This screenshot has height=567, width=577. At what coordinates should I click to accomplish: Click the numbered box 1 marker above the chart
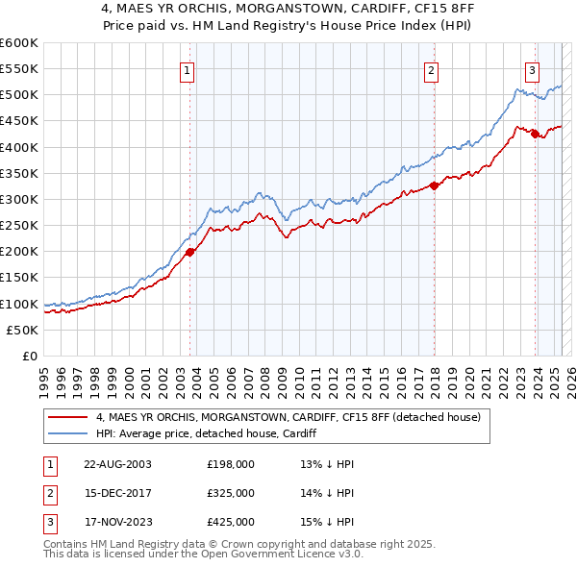click(188, 69)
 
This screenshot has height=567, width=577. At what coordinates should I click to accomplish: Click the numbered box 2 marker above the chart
click(432, 69)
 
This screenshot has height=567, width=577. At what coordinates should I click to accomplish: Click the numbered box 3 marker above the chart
click(532, 69)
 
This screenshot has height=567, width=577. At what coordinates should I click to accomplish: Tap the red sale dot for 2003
click(189, 252)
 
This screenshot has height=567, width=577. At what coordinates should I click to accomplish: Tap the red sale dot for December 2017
click(434, 185)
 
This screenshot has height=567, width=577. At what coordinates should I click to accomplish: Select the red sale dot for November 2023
click(535, 134)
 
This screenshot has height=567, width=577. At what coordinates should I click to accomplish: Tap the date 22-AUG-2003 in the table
click(117, 464)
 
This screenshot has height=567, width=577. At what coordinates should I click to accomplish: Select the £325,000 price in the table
click(231, 493)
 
